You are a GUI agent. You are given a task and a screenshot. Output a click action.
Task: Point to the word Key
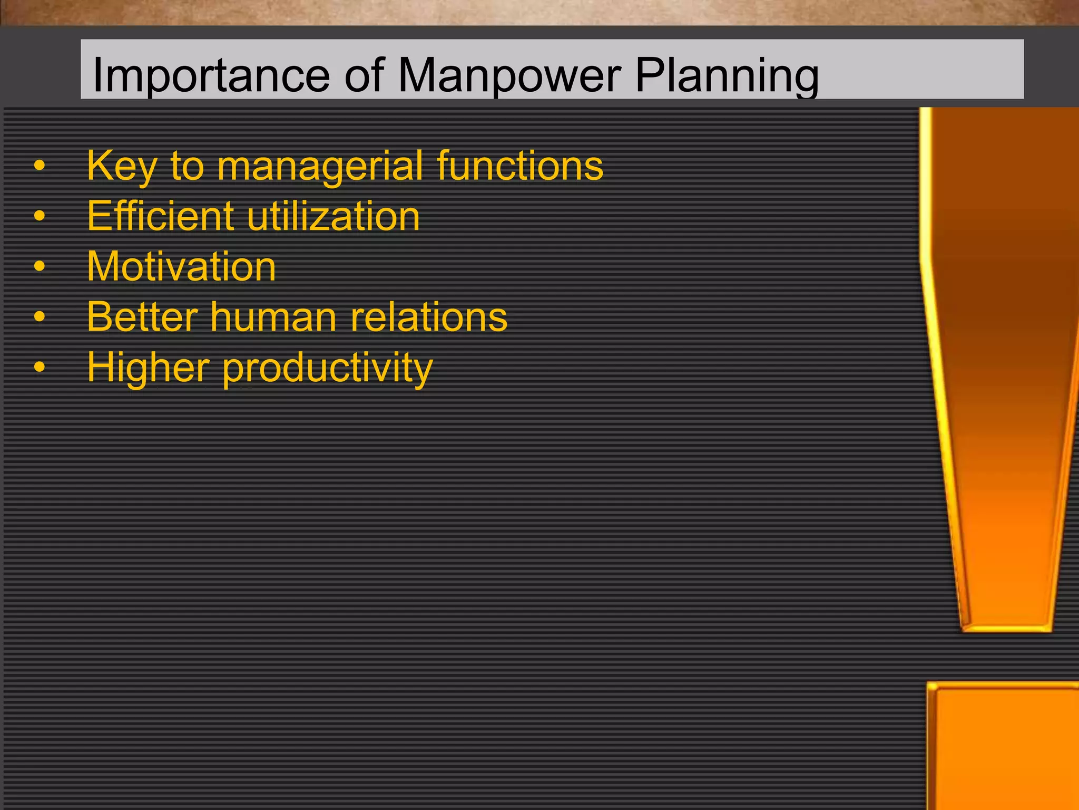[x=122, y=167]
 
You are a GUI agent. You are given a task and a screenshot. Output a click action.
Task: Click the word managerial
[x=319, y=167]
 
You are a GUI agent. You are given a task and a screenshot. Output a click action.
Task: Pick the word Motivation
[x=181, y=266]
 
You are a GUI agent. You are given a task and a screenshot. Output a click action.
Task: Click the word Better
[x=142, y=317]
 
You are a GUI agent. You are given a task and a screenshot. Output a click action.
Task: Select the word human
[x=273, y=317]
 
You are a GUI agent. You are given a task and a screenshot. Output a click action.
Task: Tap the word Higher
[x=148, y=368]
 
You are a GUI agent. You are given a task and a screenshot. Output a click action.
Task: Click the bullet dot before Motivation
[x=40, y=266]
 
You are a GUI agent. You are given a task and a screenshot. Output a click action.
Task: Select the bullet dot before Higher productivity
[x=40, y=367]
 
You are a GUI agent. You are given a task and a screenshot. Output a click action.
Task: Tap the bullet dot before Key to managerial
[x=40, y=166]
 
